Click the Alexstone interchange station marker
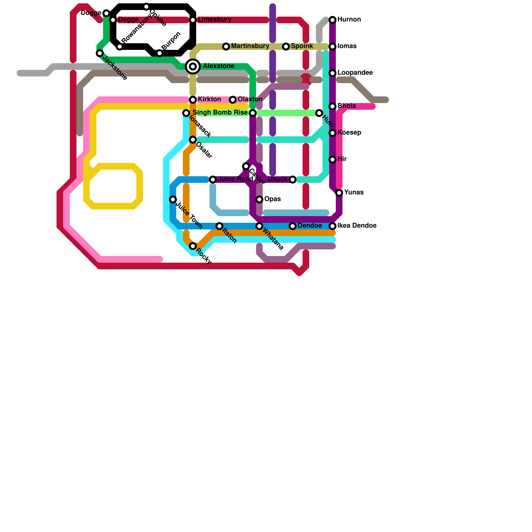[x=193, y=66]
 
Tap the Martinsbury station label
[x=250, y=46]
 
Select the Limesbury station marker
[x=193, y=20]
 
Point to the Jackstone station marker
[x=100, y=53]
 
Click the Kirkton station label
[x=209, y=99]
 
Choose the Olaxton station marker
[x=233, y=100]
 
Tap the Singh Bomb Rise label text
[x=220, y=113]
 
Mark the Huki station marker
[x=319, y=113]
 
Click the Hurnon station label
[x=349, y=20]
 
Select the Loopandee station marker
[x=332, y=73]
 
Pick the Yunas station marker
[x=339, y=193]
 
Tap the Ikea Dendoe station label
[x=357, y=226]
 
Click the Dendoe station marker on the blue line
[x=293, y=226]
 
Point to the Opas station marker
[x=259, y=199]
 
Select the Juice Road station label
[x=235, y=179]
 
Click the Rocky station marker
[x=193, y=246]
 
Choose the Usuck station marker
[x=293, y=180]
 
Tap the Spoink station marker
[x=286, y=47]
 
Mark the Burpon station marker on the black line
[x=160, y=53]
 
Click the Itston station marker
[x=219, y=226]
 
